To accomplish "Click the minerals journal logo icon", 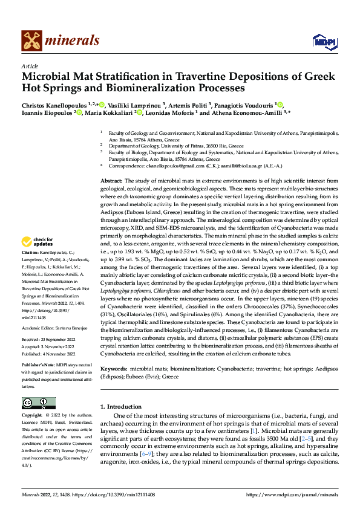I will click(x=32, y=40).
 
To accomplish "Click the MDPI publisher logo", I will click(x=324, y=41).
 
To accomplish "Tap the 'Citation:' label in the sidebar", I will click(x=30, y=251).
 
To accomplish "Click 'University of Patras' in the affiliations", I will click(x=181, y=145).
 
